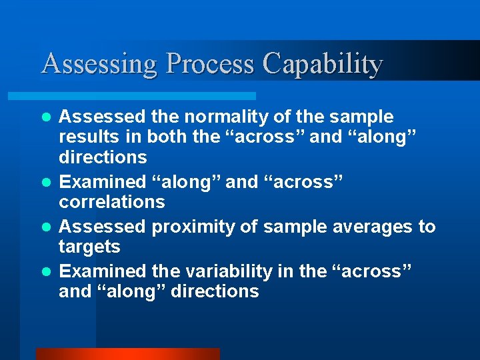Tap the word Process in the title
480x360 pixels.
click(210, 64)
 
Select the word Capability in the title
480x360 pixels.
click(322, 64)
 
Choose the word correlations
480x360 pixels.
click(111, 201)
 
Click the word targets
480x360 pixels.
click(89, 247)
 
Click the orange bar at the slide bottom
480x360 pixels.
click(127, 354)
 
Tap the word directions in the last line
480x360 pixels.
click(215, 291)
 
